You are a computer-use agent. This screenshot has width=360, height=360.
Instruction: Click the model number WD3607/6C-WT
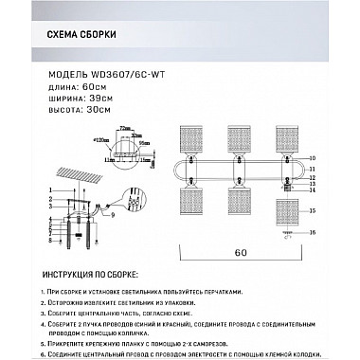[x=124, y=73]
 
